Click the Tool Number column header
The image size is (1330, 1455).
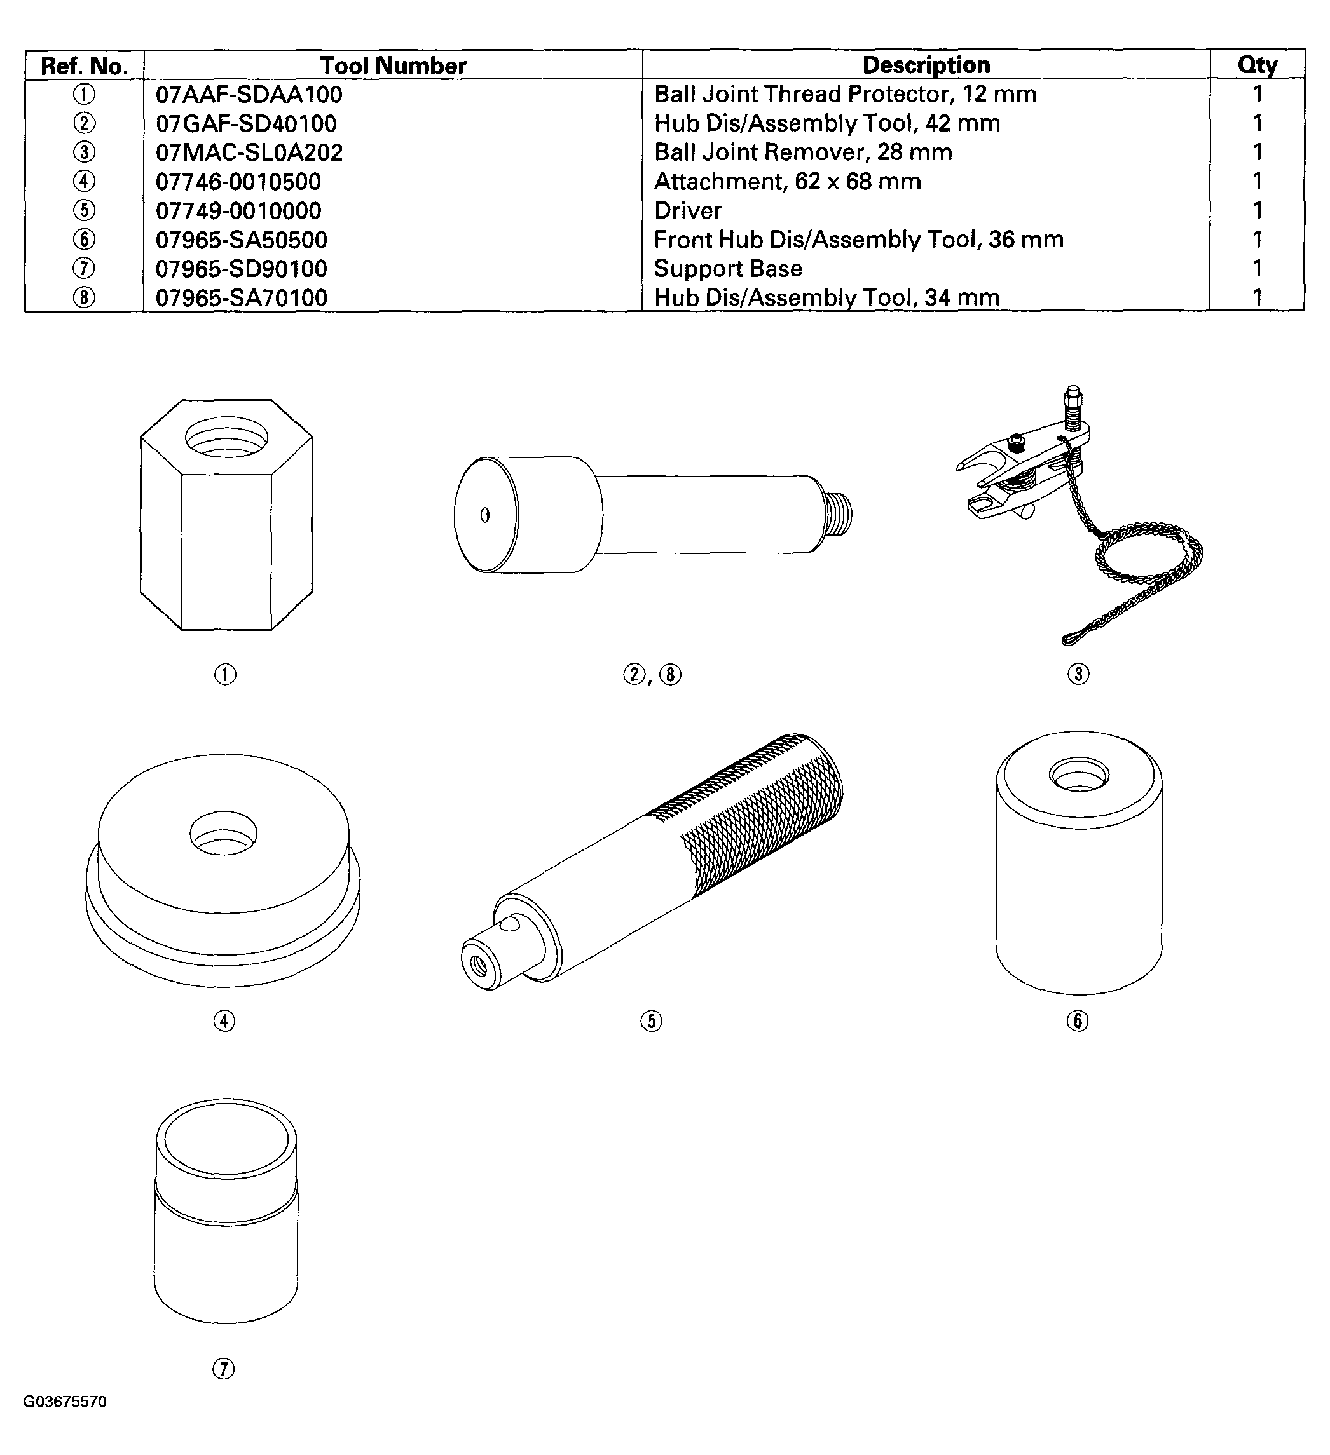[x=393, y=65]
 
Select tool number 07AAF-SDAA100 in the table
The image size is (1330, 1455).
[x=249, y=95]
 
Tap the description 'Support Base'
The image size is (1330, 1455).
[x=728, y=269]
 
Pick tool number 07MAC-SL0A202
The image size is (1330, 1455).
[x=249, y=152]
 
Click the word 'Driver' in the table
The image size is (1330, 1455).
[x=687, y=211]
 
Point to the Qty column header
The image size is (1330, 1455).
[x=1257, y=65]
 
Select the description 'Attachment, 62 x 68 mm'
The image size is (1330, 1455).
[x=787, y=181]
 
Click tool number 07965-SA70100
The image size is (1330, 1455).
[x=241, y=297]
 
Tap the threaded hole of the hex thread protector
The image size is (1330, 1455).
[x=226, y=437]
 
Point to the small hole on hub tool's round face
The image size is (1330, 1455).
[x=484, y=515]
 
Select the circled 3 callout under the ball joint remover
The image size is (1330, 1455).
[x=1078, y=674]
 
